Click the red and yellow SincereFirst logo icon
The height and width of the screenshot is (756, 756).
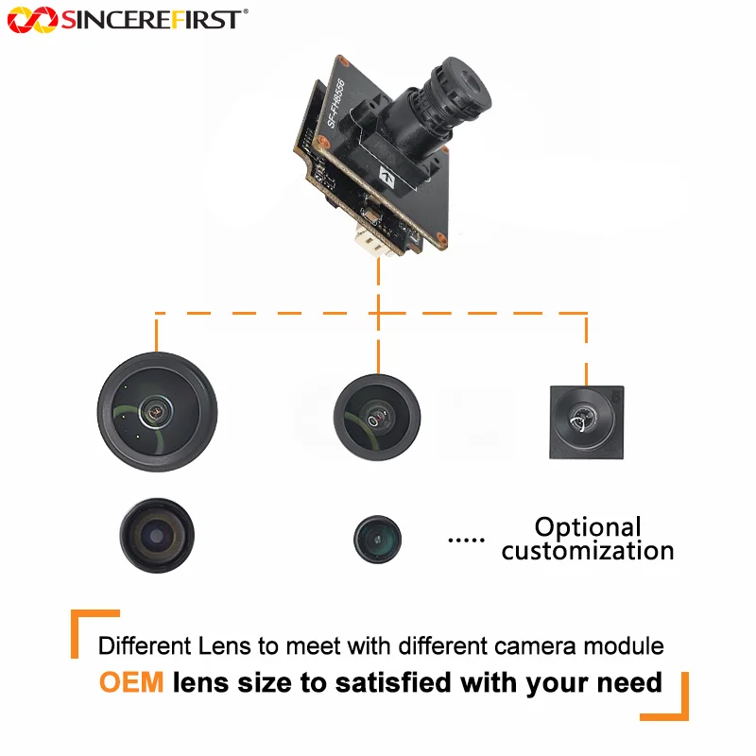[x=32, y=20]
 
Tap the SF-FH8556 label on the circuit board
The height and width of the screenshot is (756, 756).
[x=335, y=103]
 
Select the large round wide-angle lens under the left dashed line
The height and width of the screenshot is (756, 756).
[x=157, y=412]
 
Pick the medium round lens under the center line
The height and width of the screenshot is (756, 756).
[x=377, y=417]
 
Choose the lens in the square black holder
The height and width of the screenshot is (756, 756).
[x=587, y=422]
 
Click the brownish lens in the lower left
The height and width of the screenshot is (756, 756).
[x=157, y=535]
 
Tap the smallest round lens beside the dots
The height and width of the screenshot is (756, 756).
[x=377, y=539]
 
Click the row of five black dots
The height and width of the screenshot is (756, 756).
[x=466, y=540]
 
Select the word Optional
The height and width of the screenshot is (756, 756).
[x=588, y=527]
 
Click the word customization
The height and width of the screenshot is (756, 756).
[x=588, y=551]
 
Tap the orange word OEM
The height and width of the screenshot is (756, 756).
[x=131, y=682]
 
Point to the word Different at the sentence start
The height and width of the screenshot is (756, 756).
[x=145, y=645]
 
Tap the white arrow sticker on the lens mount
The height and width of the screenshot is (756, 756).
[x=387, y=178]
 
